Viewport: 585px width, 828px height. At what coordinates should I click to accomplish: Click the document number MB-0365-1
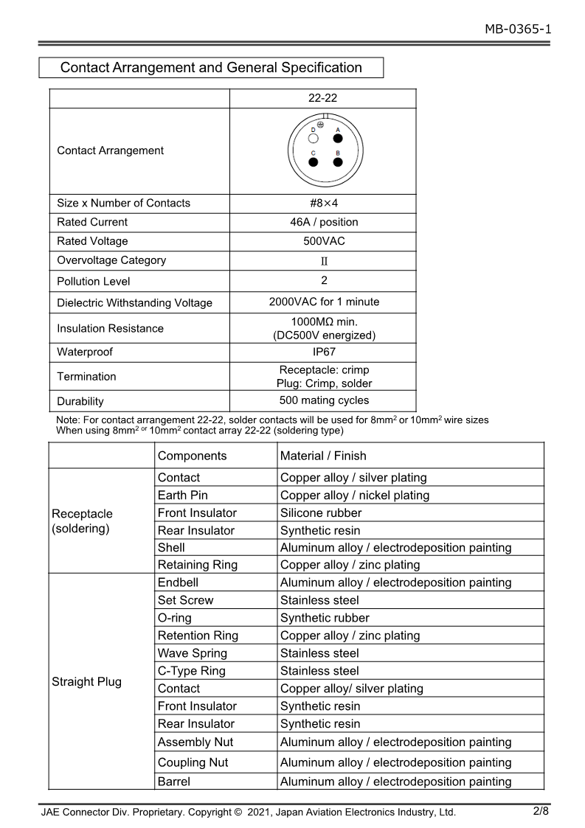(x=517, y=29)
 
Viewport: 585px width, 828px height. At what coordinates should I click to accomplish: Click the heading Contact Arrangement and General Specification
(x=211, y=68)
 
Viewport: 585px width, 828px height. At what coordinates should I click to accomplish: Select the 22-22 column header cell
(x=323, y=98)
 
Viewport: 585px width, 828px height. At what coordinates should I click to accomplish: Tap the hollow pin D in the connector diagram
(x=314, y=138)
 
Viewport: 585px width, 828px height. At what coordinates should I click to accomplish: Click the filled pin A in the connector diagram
(x=338, y=138)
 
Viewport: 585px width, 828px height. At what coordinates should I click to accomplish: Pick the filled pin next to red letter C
(x=314, y=161)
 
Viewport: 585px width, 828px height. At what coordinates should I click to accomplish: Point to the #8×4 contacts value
(x=323, y=203)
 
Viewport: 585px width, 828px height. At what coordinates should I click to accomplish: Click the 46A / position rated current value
(x=323, y=222)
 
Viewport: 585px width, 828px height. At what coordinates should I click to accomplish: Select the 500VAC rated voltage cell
(x=323, y=241)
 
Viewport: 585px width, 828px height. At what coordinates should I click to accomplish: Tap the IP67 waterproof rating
(x=323, y=352)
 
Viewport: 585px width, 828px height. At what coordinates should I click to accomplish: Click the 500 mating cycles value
(x=323, y=401)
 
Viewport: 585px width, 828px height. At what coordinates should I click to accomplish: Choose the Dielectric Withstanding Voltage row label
(x=134, y=303)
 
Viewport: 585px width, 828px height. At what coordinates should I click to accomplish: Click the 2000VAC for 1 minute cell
(x=323, y=302)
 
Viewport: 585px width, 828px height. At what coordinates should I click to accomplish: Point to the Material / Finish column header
(x=323, y=456)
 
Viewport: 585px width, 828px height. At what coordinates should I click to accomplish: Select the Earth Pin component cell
(x=183, y=495)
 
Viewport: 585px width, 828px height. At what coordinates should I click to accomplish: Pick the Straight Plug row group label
(x=86, y=681)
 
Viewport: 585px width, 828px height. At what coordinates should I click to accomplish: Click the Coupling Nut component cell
(x=193, y=762)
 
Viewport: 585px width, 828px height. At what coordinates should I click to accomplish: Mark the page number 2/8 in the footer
(x=541, y=811)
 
